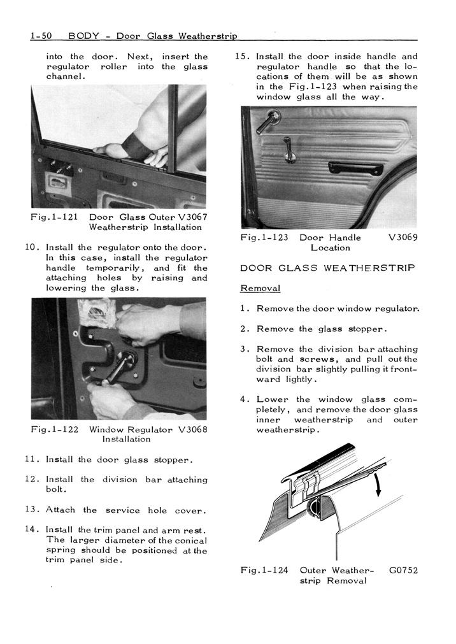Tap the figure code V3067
pos(190,217)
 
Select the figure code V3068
pos(191,429)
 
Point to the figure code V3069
pos(403,238)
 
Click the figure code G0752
pos(403,571)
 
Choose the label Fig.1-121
pos(54,217)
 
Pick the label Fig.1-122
pos(54,429)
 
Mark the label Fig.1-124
pos(264,571)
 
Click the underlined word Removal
pos(260,289)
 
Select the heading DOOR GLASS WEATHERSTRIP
pos(327,268)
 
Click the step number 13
pos(32,510)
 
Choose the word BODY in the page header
pos(82,37)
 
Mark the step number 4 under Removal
pos(243,400)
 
